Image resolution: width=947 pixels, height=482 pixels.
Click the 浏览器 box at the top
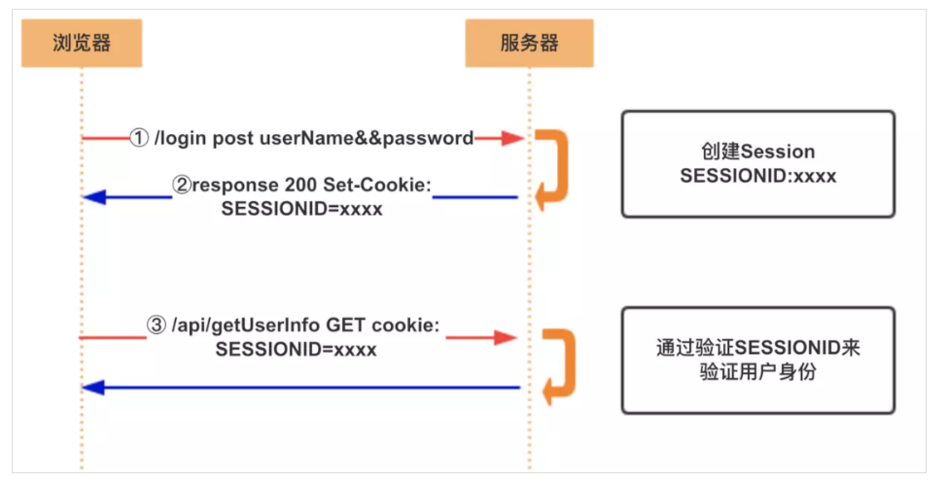[x=82, y=44]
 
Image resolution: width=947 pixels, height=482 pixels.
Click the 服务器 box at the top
[x=529, y=44]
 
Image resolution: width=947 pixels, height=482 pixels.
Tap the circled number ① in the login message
[x=140, y=138]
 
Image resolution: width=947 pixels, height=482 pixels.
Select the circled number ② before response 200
[x=184, y=187]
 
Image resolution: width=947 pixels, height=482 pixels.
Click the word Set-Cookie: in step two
[x=379, y=187]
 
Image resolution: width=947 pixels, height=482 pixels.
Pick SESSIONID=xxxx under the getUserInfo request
[x=296, y=349]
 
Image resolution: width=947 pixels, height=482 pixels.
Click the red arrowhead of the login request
[x=513, y=139]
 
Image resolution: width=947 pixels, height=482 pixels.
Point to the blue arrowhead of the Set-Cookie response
[x=93, y=197]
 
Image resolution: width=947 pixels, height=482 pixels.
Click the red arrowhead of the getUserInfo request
[x=506, y=337]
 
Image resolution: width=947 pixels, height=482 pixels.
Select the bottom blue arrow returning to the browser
[x=301, y=388]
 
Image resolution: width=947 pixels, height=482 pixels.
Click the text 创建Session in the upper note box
[x=757, y=153]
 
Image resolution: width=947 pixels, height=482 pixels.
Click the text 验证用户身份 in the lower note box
[x=757, y=371]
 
